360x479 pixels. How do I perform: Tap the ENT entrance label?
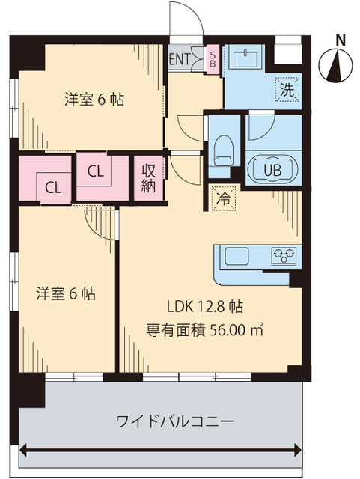[180, 59]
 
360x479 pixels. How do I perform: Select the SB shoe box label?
[213, 58]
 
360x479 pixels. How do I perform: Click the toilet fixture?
[223, 150]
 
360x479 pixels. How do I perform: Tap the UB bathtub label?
[273, 168]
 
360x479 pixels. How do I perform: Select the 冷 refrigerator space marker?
[223, 199]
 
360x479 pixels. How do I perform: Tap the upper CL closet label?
[95, 171]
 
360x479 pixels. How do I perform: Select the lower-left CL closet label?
[52, 187]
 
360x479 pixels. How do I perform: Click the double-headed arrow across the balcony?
[161, 450]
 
